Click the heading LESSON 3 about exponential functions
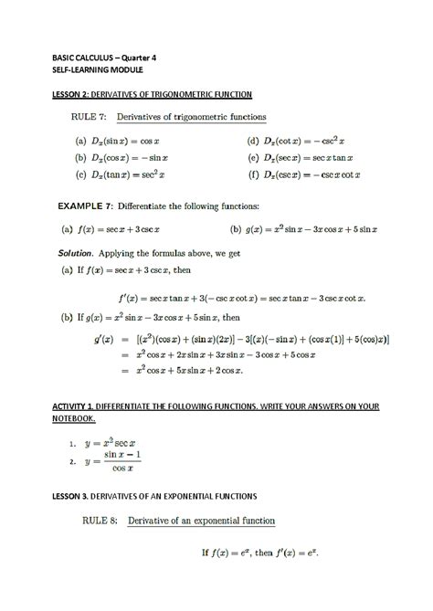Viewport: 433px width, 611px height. [153, 495]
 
